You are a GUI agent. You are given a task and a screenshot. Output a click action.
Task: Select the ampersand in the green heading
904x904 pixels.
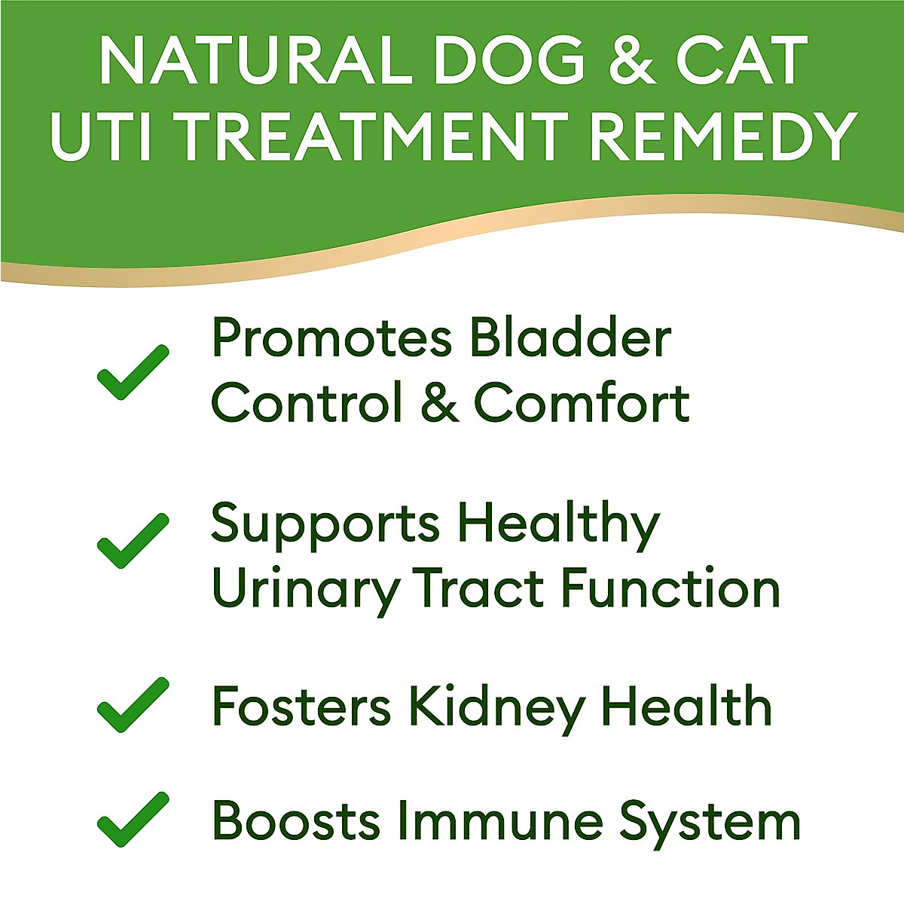tap(633, 60)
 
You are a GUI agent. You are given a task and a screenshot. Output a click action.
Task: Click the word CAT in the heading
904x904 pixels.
tap(742, 60)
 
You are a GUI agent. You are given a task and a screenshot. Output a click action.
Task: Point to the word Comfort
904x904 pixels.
tap(582, 402)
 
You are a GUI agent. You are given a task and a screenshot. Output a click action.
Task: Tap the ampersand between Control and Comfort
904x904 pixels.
tap(440, 402)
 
